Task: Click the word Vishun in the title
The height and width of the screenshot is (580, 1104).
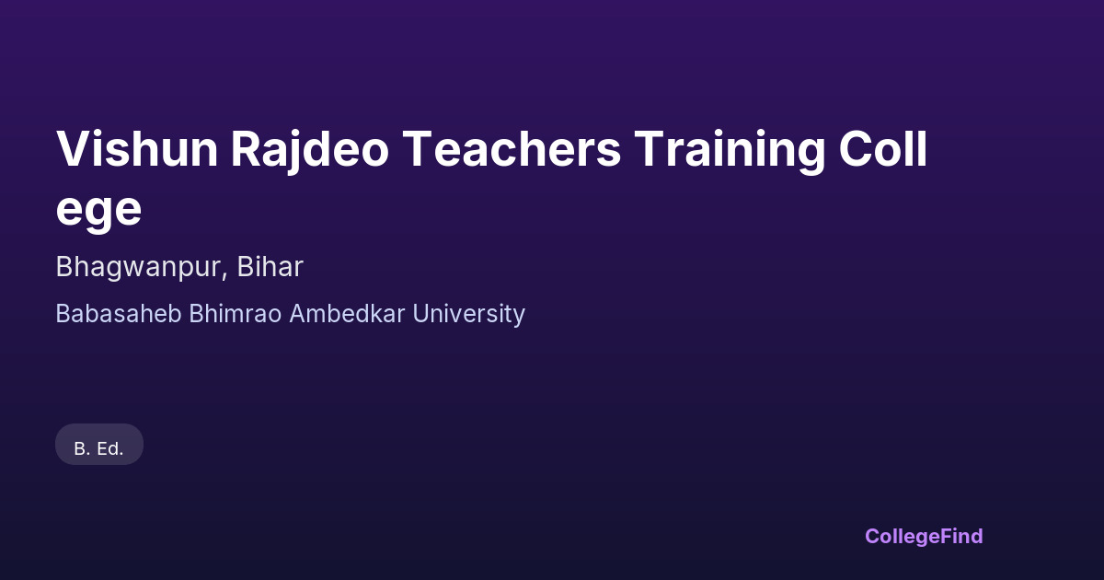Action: tap(137, 148)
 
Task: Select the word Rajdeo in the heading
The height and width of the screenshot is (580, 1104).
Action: tap(310, 151)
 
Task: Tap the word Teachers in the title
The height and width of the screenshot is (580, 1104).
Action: tap(512, 148)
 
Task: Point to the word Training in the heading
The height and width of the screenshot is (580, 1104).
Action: tap(730, 151)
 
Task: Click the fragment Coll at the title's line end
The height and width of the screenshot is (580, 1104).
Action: tap(882, 148)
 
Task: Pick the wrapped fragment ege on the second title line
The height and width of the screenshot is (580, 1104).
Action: tap(98, 210)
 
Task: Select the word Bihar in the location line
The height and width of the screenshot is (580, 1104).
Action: tap(270, 266)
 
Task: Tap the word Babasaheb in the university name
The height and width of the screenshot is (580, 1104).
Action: tap(119, 314)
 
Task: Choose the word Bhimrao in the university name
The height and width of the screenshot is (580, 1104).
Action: tap(236, 314)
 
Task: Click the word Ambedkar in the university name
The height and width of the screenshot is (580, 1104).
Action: tap(347, 314)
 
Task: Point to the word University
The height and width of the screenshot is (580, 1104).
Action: tap(468, 315)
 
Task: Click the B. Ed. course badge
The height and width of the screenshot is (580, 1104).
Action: tap(99, 445)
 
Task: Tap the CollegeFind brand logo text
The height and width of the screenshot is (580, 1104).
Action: tap(924, 537)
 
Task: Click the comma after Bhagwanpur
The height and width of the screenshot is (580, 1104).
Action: tap(224, 276)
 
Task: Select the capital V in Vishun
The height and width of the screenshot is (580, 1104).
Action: tap(74, 149)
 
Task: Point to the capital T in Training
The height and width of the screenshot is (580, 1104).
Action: tap(650, 149)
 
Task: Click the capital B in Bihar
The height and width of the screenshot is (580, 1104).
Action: tap(246, 267)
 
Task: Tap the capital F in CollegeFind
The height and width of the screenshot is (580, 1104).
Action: tap(947, 536)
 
